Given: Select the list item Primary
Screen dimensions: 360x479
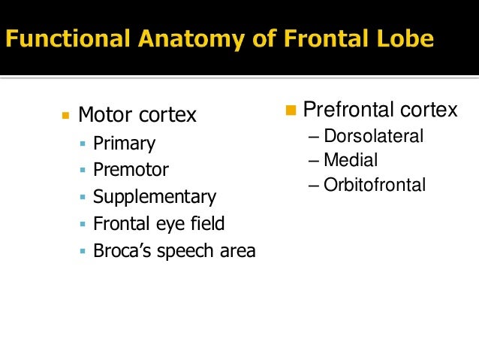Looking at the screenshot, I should pos(124,144).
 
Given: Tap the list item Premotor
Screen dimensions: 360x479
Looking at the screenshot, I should pos(131,171).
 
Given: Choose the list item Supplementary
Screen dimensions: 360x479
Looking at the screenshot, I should pos(154,198).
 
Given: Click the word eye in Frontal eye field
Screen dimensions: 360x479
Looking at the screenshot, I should pos(168,224).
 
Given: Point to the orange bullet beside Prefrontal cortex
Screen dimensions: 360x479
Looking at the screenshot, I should pos(292,111).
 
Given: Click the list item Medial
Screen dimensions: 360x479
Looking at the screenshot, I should pos(351,160).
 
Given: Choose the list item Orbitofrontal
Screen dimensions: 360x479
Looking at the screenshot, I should pos(375,184).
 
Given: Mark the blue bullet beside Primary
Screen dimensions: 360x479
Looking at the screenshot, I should pos(83,144).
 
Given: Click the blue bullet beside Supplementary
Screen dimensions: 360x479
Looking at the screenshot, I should pos(83,198).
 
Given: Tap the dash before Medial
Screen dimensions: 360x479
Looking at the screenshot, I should pos(313,161).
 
